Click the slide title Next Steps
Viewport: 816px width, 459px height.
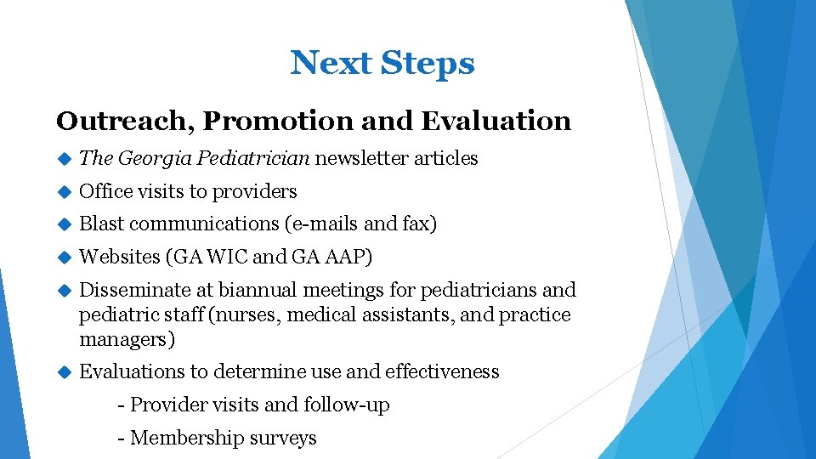pyautogui.click(x=382, y=63)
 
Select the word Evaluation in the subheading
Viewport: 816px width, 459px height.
pyautogui.click(x=496, y=121)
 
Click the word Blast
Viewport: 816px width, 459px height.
pyautogui.click(x=101, y=224)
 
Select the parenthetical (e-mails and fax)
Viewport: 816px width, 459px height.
pyautogui.click(x=363, y=224)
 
